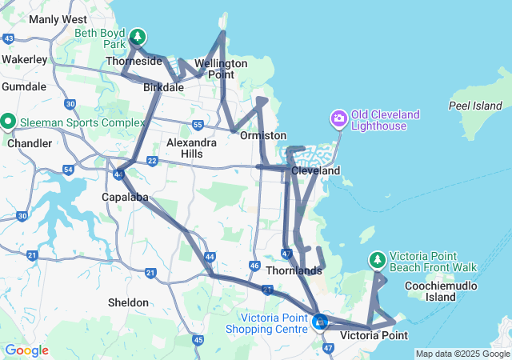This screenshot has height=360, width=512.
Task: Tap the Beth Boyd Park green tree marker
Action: [138, 36]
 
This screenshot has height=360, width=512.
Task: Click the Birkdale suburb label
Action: [163, 87]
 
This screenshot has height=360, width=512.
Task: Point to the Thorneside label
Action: [133, 61]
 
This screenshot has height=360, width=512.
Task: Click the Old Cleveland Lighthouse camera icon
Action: [339, 120]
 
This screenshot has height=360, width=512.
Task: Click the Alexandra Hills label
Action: [190, 148]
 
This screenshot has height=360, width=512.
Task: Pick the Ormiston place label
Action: [263, 136]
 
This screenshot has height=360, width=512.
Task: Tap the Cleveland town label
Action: [315, 170]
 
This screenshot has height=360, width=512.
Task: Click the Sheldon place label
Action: [128, 302]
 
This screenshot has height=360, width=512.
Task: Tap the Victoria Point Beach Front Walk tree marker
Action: [377, 259]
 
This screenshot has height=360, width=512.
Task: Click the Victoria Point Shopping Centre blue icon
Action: [321, 322]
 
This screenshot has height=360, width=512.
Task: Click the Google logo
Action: [26, 350]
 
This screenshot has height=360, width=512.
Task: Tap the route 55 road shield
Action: [198, 124]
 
